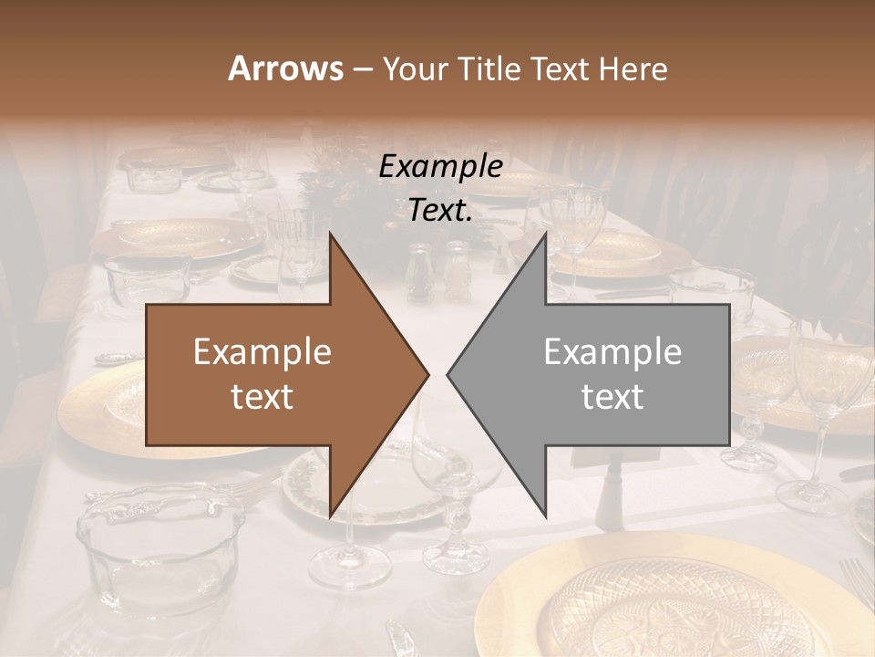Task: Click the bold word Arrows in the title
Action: click(286, 68)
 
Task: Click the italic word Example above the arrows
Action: click(441, 167)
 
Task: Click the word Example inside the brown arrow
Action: click(262, 351)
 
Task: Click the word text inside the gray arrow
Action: click(612, 396)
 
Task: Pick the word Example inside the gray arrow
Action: click(612, 351)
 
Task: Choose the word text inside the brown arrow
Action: click(262, 396)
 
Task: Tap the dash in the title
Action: click(361, 69)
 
